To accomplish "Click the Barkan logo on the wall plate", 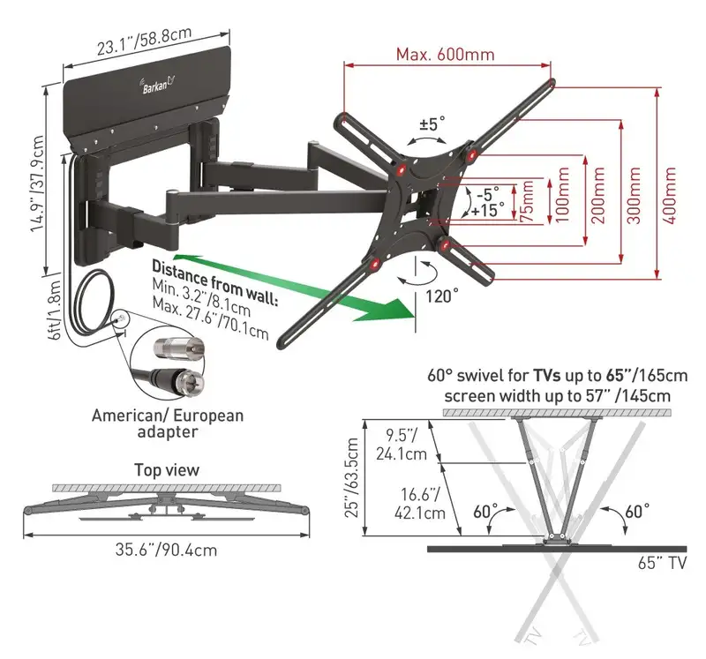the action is (x=158, y=84).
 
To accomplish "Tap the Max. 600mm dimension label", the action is (x=445, y=55).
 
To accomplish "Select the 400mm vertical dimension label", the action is (x=670, y=195).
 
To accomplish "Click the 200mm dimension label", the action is (x=598, y=195).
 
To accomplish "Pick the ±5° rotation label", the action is (x=432, y=124).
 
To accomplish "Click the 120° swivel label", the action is (x=442, y=296).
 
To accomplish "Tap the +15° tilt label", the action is (x=487, y=210).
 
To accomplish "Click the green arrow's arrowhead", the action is (x=391, y=310).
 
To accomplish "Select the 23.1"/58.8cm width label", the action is (x=144, y=41).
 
